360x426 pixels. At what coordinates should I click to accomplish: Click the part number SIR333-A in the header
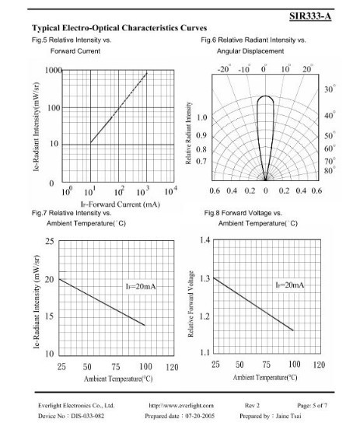click(310, 16)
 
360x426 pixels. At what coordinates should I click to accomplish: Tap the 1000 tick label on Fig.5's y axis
click(54, 70)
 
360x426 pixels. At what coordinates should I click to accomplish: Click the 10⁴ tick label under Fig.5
click(170, 190)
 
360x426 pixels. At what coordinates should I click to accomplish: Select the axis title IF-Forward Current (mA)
click(120, 204)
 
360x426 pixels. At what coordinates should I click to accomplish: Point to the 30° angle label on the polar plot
click(330, 89)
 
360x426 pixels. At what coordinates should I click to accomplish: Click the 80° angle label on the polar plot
click(330, 170)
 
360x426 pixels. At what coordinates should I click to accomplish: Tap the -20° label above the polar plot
click(225, 69)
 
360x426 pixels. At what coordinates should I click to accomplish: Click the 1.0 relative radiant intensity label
click(201, 117)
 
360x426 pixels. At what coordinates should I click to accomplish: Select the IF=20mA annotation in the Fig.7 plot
click(141, 286)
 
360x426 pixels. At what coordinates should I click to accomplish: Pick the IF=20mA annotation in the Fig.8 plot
click(289, 285)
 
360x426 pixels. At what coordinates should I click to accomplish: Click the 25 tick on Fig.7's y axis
click(50, 241)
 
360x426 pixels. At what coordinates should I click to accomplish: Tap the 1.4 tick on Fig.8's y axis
click(204, 240)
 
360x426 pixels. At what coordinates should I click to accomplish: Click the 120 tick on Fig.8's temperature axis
click(319, 365)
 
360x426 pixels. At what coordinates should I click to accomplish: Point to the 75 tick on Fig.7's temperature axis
click(116, 367)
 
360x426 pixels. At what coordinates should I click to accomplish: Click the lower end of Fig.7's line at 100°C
click(145, 325)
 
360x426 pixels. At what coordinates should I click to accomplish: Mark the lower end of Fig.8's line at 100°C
click(293, 330)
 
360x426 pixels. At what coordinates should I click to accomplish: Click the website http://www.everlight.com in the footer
click(181, 406)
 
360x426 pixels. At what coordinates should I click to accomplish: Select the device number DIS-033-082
click(88, 416)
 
